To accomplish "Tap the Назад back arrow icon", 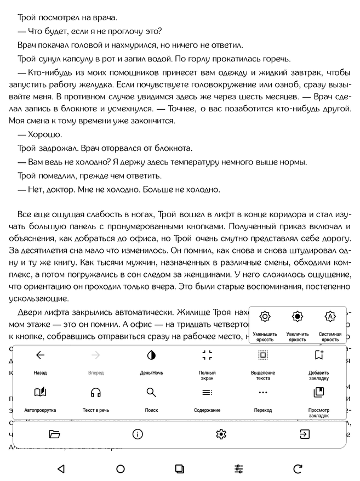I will (x=40, y=355).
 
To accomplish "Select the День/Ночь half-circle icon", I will (x=151, y=355).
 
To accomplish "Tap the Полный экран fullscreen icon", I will (x=207, y=355).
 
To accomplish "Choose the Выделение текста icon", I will (x=263, y=355).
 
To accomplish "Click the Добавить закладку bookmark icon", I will (x=319, y=355).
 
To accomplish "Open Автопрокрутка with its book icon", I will (x=40, y=392).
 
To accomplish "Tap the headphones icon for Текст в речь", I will (x=96, y=392).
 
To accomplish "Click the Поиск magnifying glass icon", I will (x=151, y=392).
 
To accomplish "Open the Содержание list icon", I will (x=207, y=392).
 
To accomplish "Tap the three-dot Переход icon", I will (x=263, y=392).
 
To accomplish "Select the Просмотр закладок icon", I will (x=319, y=392).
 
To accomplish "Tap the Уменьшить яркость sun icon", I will (x=265, y=316).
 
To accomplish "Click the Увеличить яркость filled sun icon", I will (x=298, y=316).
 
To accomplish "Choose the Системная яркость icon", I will (x=330, y=316).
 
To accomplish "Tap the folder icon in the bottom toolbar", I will (x=54, y=434).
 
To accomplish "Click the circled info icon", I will (x=138, y=434).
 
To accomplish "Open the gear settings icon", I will (x=221, y=434).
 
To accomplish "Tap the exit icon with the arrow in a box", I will (x=304, y=434).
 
